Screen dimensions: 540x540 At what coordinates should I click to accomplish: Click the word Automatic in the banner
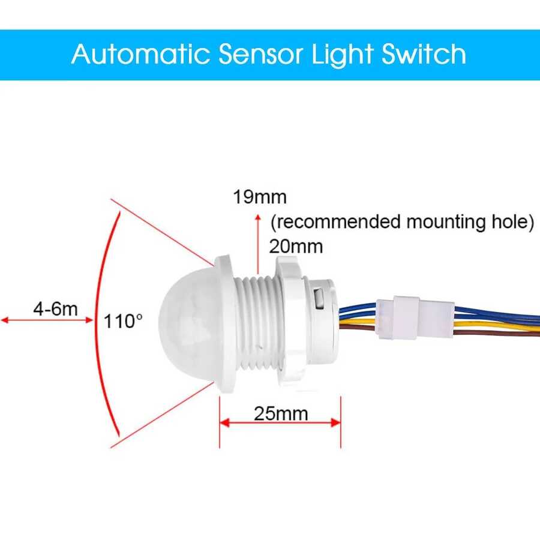(x=140, y=54)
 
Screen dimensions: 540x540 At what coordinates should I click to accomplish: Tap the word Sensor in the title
(x=261, y=55)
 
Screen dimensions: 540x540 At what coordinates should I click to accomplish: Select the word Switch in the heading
(x=424, y=54)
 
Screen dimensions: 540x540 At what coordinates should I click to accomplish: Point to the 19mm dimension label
(x=260, y=197)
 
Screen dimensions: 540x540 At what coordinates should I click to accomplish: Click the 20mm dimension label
(x=296, y=247)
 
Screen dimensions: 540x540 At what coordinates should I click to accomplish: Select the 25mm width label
(x=281, y=413)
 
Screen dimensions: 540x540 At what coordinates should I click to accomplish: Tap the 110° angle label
(x=123, y=321)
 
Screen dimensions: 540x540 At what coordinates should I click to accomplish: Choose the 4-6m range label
(x=55, y=309)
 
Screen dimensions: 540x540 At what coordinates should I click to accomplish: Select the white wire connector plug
(x=415, y=317)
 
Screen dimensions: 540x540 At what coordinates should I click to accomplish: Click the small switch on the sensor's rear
(x=319, y=298)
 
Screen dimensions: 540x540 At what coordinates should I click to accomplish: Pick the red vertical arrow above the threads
(x=257, y=244)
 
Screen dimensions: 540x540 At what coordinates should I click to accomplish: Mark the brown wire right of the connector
(x=497, y=332)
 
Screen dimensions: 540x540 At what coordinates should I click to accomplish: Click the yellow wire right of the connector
(x=497, y=325)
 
